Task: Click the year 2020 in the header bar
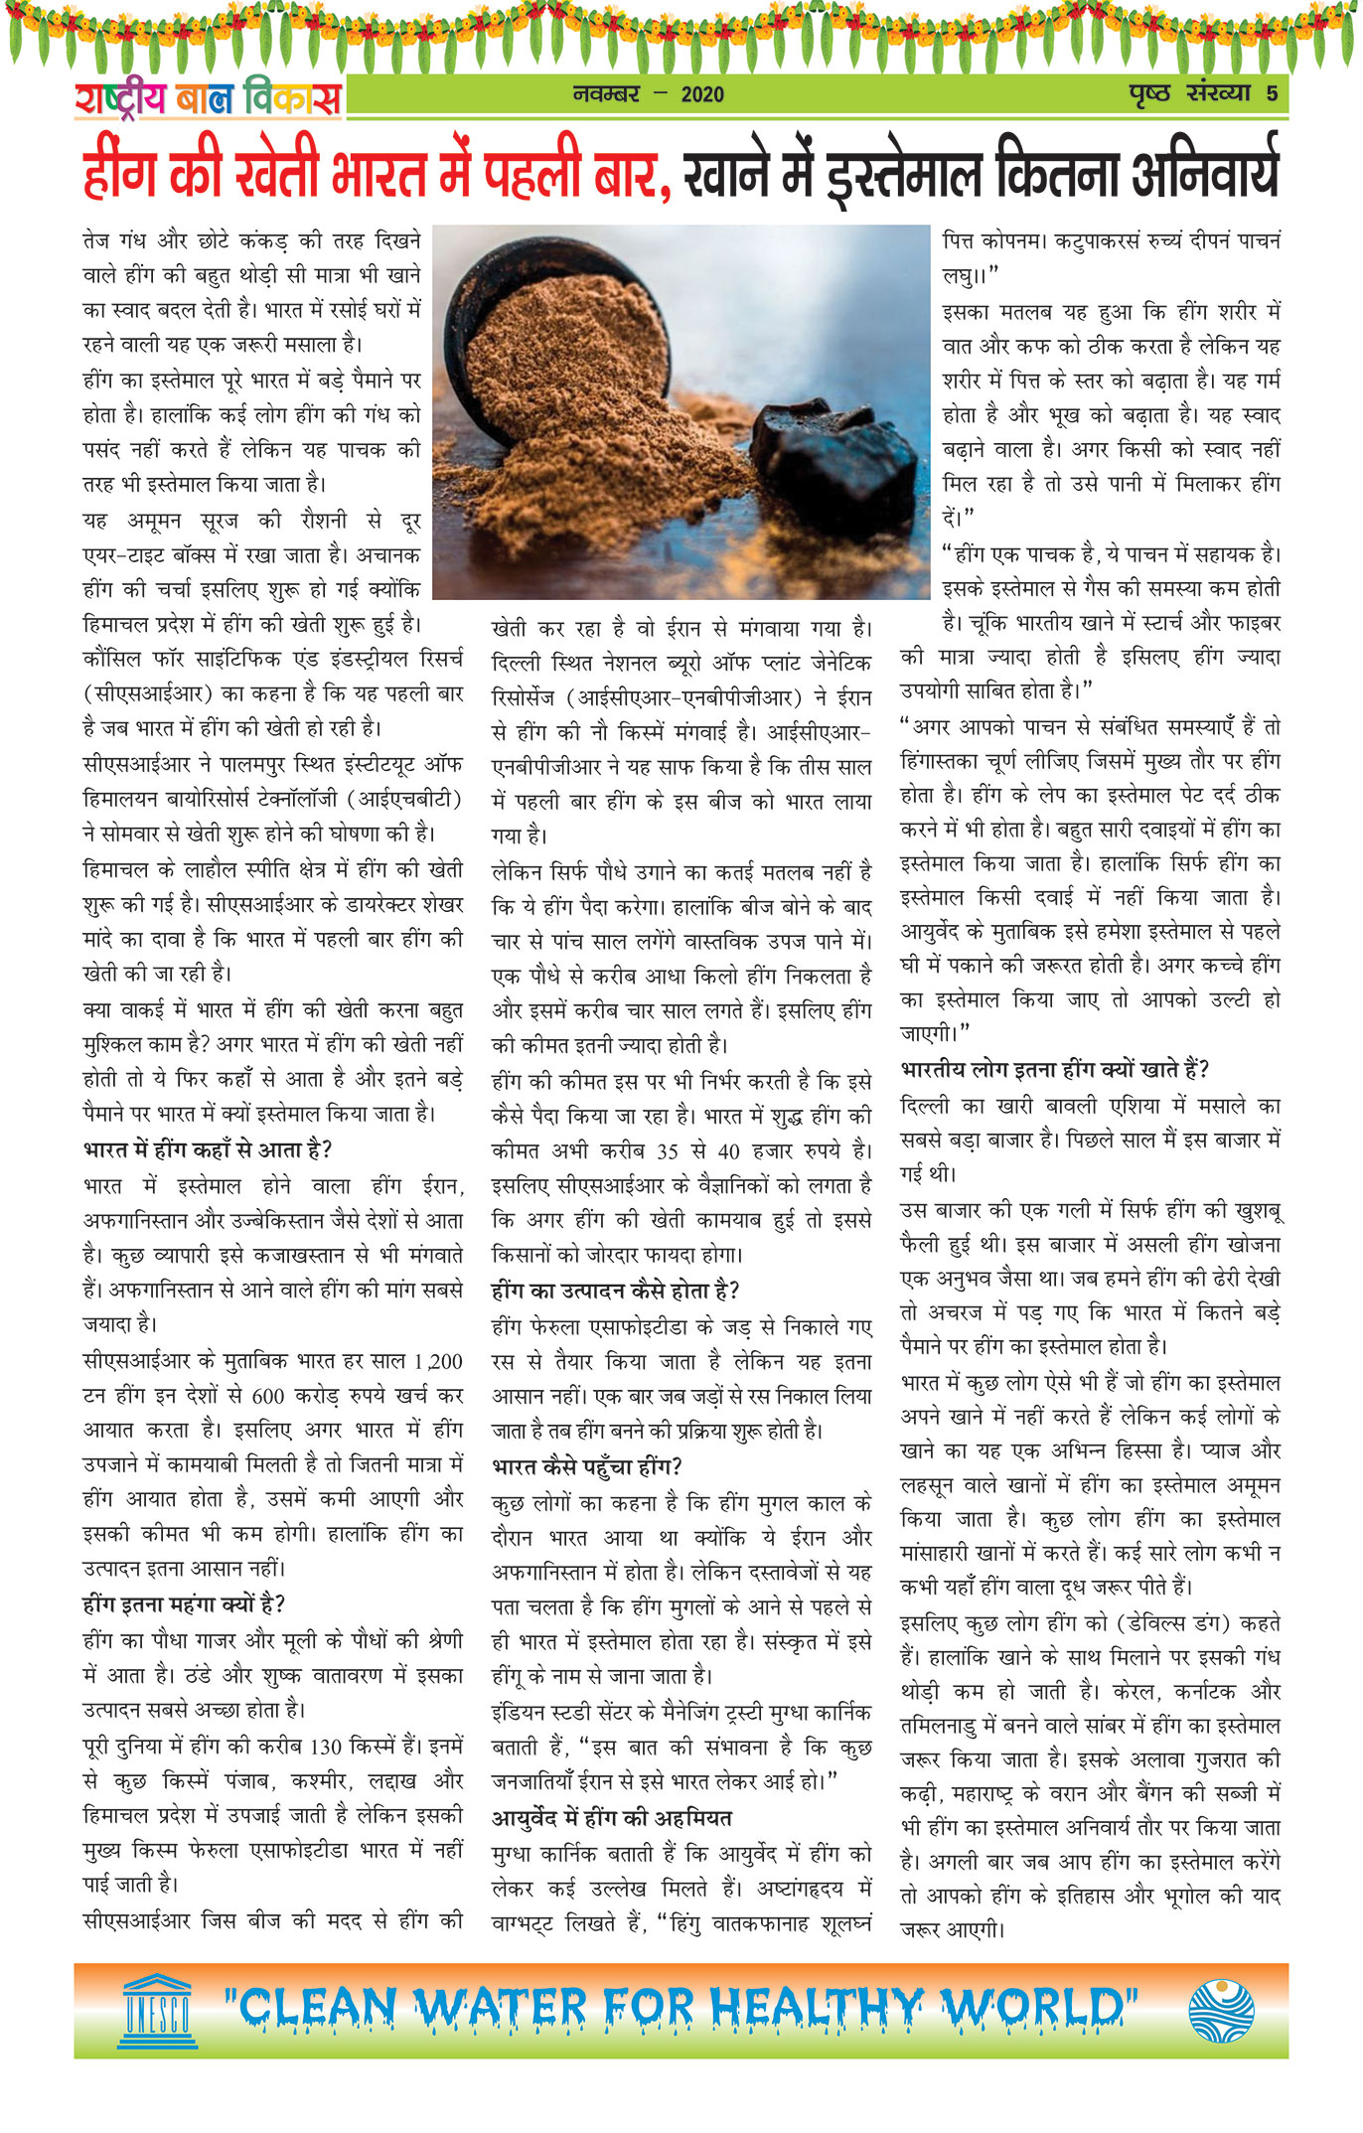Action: (x=702, y=94)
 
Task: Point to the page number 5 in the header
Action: (x=1272, y=93)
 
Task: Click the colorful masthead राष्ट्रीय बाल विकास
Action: (x=209, y=97)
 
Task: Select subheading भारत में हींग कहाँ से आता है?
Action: (x=208, y=1149)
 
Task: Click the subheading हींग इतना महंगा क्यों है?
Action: (x=184, y=1603)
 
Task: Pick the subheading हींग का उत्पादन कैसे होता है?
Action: (x=616, y=1291)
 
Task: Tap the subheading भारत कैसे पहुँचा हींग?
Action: (x=587, y=1466)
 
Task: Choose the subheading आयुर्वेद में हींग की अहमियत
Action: (x=612, y=1818)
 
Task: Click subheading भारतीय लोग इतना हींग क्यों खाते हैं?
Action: (x=1054, y=1070)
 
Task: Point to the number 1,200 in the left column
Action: (x=438, y=1361)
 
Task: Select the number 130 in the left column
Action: (x=326, y=1747)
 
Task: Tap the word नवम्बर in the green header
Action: (x=606, y=94)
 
